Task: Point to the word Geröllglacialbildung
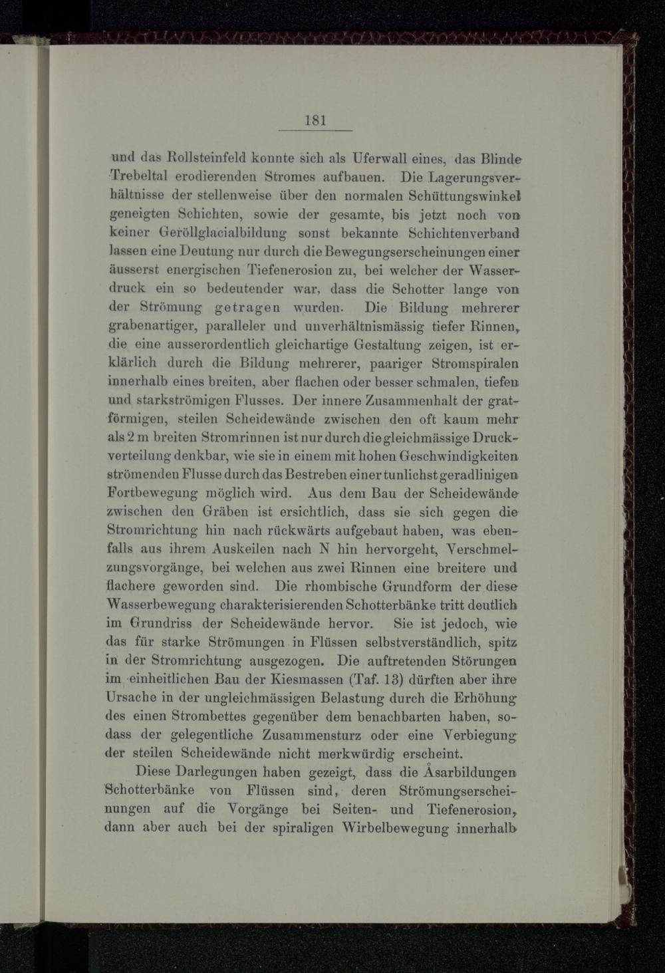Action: pos(214,234)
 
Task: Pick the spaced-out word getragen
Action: pos(249,309)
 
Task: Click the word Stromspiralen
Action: pos(475,364)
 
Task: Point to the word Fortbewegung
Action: pos(152,494)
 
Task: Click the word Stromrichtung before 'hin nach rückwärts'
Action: pos(152,531)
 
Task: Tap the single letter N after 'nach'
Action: pos(325,550)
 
